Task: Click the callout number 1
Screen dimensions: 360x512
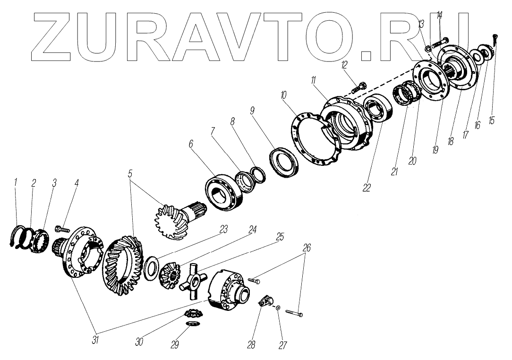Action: click(x=16, y=182)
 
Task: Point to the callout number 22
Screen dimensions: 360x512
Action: click(x=367, y=188)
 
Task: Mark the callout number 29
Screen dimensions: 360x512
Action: click(x=174, y=344)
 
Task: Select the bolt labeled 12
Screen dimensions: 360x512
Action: click(x=361, y=86)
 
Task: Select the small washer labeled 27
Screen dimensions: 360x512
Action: click(x=278, y=308)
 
